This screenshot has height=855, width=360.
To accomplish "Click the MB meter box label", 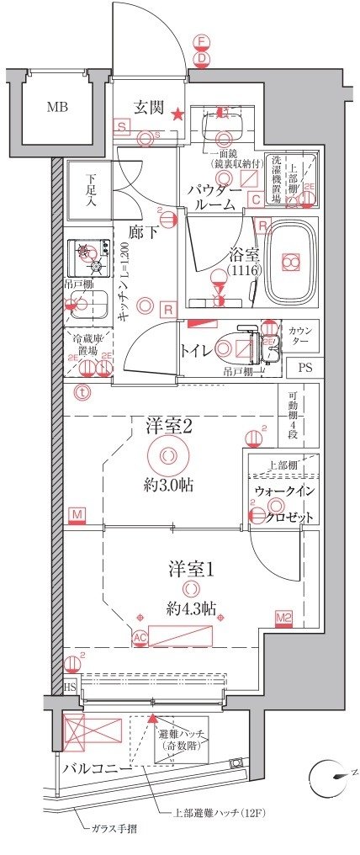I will click(57, 107).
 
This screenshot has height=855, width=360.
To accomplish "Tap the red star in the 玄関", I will click(177, 115).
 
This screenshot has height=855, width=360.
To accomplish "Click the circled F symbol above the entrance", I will click(200, 41).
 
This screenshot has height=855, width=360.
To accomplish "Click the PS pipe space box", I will click(303, 368).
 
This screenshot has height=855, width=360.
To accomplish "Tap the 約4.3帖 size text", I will click(190, 608).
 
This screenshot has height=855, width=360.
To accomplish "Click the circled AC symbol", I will click(140, 639).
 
